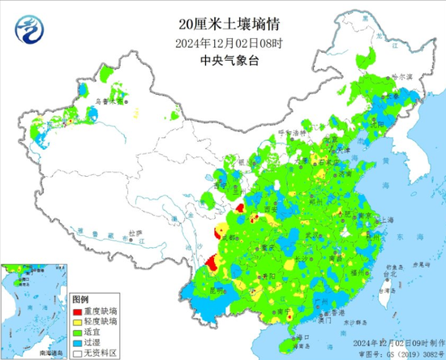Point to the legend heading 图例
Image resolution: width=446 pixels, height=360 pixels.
click(79, 299)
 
